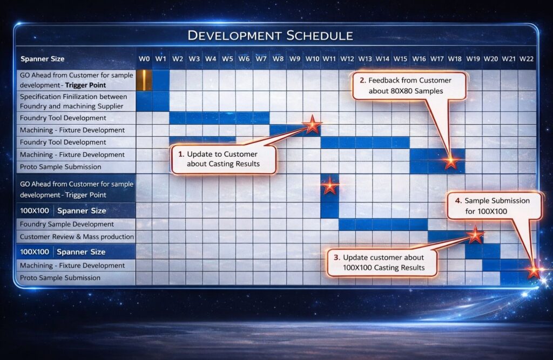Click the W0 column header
(x=144, y=59)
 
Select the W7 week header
(x=261, y=59)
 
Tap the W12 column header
(x=347, y=59)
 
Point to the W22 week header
(x=526, y=59)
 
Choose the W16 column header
(x=419, y=59)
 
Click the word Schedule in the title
(x=320, y=36)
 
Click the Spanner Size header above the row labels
(x=42, y=59)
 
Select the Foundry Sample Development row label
(x=66, y=224)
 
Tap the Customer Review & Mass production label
(x=77, y=236)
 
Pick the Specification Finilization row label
(x=73, y=101)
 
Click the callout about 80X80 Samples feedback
(x=409, y=86)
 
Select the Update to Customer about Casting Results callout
(x=223, y=159)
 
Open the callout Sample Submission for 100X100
(x=494, y=206)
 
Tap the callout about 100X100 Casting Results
(x=382, y=263)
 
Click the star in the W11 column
(x=330, y=186)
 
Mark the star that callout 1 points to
(x=312, y=125)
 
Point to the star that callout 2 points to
(x=451, y=161)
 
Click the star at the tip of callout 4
(x=534, y=271)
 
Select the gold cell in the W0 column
(x=144, y=80)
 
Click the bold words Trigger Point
(x=85, y=85)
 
